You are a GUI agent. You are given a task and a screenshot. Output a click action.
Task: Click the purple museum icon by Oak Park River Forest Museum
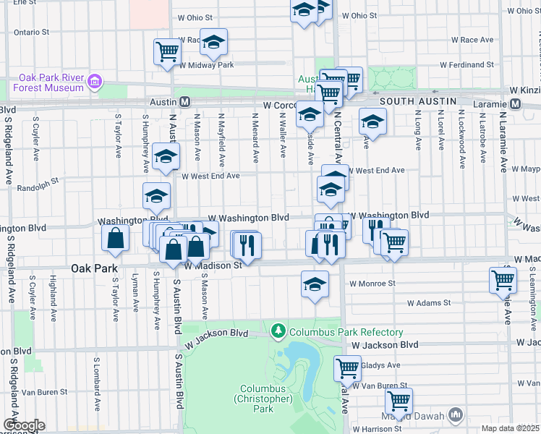coord(94,82)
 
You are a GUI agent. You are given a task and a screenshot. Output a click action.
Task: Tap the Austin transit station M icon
coord(185,103)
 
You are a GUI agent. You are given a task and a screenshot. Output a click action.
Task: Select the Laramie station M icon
coord(515,103)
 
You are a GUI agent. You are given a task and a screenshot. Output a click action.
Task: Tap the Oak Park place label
coord(95,268)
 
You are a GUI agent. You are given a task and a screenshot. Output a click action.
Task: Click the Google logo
coord(23,425)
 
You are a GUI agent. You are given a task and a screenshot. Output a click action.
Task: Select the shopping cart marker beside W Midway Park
coord(166,52)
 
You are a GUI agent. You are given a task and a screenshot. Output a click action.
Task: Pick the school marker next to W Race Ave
coord(213,43)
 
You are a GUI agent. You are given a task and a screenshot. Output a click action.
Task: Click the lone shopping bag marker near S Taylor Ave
coord(116,238)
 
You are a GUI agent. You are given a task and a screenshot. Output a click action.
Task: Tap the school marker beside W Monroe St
coord(315,284)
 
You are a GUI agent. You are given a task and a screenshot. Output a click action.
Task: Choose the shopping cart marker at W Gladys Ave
coord(347,368)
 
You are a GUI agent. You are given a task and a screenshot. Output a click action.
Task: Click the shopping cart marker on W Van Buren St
coord(399,401)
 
